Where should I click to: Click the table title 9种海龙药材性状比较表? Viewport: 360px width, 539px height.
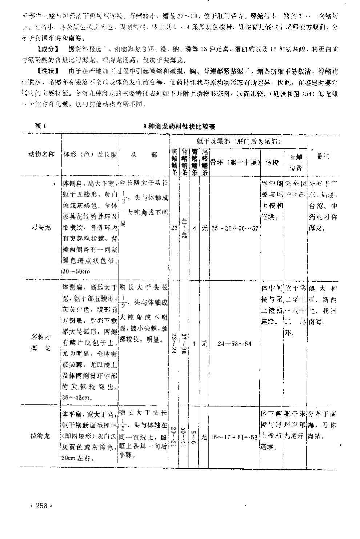pos(180,127)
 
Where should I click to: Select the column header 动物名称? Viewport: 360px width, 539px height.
pos(41,154)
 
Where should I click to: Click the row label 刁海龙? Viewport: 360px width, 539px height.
pos(42,228)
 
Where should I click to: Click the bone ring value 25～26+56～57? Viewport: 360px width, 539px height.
pos(235,228)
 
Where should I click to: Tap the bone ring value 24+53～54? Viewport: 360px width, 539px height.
pos(234,344)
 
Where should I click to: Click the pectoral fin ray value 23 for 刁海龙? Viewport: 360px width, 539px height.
pos(174,228)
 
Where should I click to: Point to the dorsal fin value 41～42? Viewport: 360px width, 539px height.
pos(184,228)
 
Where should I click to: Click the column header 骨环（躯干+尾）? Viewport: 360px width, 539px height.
pos(235,161)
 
